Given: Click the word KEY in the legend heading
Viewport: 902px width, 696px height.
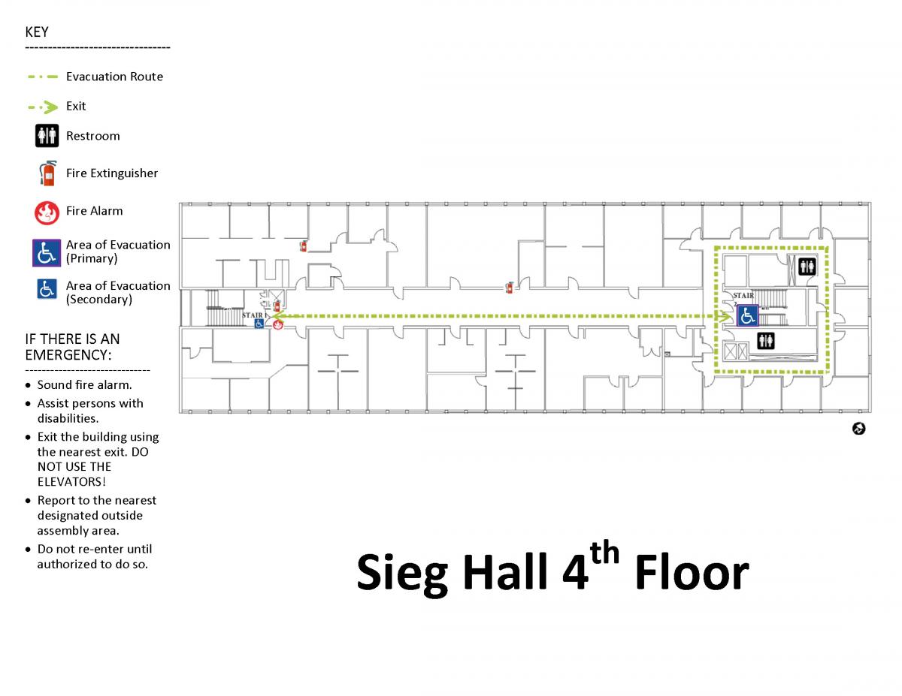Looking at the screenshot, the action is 37,32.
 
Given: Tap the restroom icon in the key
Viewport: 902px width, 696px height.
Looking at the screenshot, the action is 47,136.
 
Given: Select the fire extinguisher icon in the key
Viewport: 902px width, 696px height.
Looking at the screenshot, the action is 48,173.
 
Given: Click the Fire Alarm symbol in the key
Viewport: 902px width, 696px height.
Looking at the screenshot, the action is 47,213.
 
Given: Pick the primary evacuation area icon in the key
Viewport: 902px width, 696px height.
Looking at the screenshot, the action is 47,253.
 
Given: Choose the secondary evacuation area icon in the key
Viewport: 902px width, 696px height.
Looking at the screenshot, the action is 47,289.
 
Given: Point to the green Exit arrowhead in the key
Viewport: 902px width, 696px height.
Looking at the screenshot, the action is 51,107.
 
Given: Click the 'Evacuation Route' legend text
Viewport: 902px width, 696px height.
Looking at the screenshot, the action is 114,77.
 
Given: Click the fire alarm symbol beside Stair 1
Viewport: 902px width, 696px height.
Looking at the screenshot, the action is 277,324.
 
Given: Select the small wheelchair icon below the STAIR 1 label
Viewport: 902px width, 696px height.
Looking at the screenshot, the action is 259,324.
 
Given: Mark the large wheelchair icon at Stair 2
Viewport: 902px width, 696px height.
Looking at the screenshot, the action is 748,315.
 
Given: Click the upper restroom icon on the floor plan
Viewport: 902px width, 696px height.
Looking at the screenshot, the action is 807,267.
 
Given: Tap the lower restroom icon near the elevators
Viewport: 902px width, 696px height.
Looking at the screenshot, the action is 765,341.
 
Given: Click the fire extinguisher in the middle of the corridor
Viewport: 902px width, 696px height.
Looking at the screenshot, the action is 510,288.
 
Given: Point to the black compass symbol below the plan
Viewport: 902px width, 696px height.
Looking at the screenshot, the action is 858,429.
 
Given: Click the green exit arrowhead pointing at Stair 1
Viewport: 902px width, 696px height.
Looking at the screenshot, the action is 277,316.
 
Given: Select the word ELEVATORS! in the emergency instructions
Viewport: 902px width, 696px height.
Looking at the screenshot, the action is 71,482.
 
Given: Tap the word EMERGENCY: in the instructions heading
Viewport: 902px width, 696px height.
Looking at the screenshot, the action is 68,355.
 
